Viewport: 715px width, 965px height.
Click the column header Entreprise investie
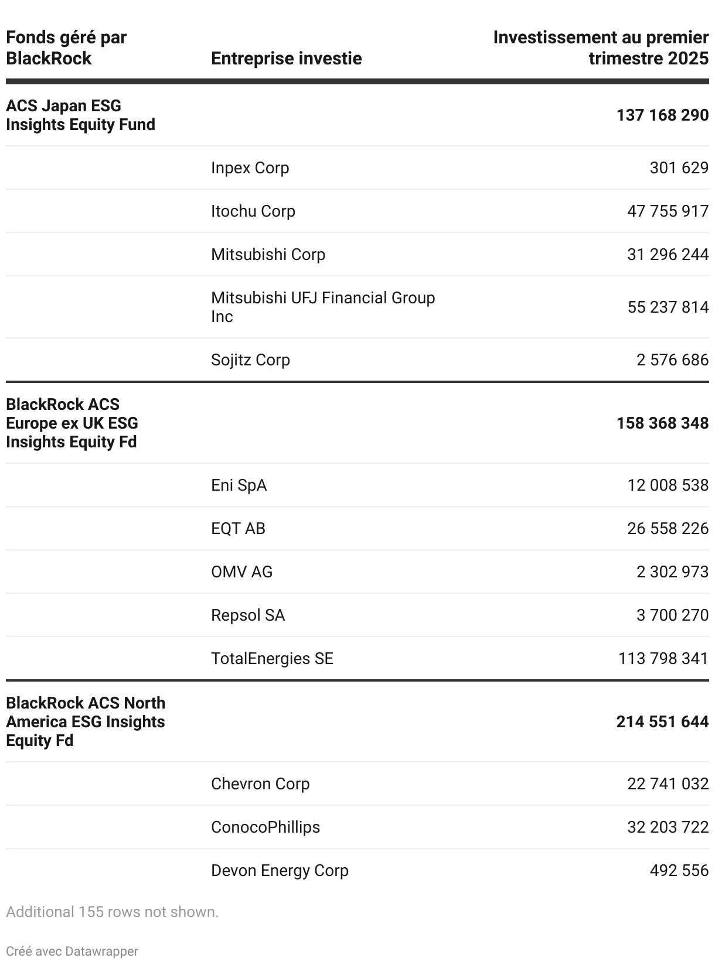click(x=286, y=59)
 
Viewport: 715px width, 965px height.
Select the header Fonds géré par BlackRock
click(x=66, y=48)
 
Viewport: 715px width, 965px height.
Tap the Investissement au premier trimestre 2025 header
click(x=601, y=48)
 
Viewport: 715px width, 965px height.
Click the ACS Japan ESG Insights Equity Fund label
click(x=80, y=115)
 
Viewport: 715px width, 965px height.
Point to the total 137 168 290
click(x=662, y=115)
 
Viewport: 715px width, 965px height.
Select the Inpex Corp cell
click(x=250, y=168)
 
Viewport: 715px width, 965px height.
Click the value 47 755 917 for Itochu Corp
click(x=668, y=211)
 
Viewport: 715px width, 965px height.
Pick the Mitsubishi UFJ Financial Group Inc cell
click(x=323, y=307)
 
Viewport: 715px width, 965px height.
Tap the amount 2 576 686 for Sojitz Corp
click(x=672, y=360)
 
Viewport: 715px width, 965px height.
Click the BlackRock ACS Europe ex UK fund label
click(x=72, y=423)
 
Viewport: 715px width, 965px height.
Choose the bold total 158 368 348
click(x=662, y=423)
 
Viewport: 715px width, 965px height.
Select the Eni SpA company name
click(x=239, y=485)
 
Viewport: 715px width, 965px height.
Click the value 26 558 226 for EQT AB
click(x=668, y=529)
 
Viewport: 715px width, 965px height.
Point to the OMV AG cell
click(x=241, y=572)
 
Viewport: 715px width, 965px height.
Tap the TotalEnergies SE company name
click(x=272, y=659)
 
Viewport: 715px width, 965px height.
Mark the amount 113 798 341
click(x=663, y=659)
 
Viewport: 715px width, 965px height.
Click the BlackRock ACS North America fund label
click(x=86, y=721)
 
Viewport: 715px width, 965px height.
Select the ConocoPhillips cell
click(x=265, y=827)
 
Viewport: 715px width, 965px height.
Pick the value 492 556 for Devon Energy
click(x=679, y=871)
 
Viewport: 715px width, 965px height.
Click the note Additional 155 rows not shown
click(x=112, y=912)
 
